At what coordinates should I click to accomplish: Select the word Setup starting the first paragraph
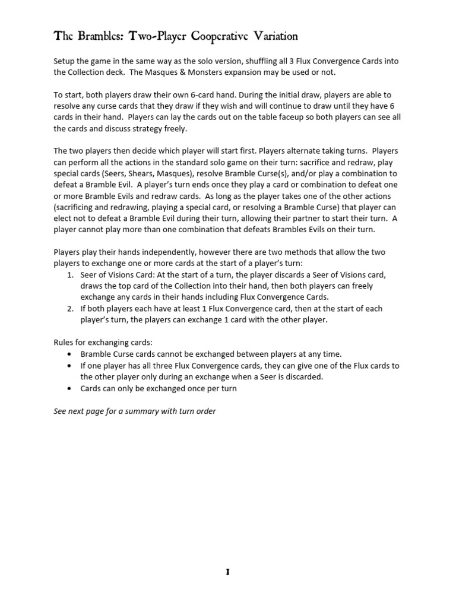65,61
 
